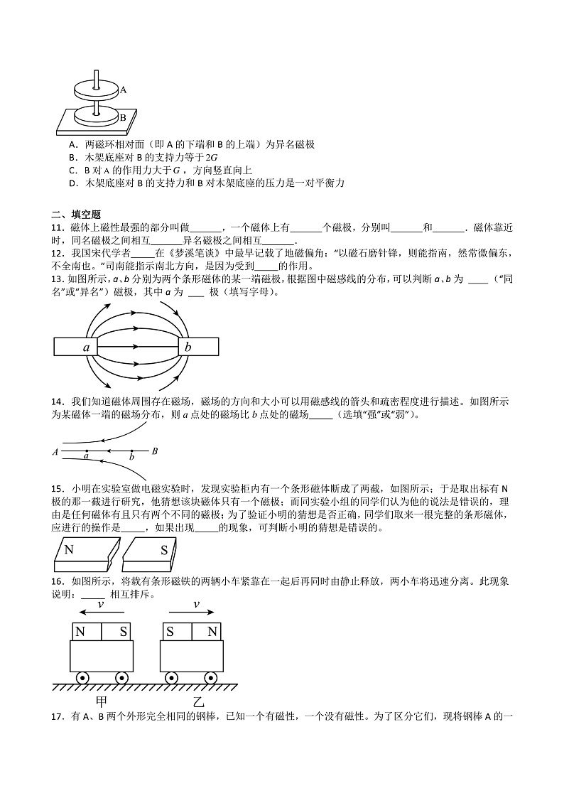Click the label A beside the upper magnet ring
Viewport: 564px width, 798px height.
124,90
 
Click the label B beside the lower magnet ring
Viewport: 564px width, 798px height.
123,117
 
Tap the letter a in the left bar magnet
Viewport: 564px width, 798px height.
86,347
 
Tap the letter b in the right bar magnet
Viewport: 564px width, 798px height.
188,347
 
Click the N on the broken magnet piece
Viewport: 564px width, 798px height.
69,549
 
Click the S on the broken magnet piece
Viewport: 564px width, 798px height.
163,549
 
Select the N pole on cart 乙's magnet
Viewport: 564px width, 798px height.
211,631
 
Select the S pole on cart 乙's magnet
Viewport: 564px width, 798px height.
171,631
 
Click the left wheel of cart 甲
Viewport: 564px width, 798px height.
82,678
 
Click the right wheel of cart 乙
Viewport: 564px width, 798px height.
211,678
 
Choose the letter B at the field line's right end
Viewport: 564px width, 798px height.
155,451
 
